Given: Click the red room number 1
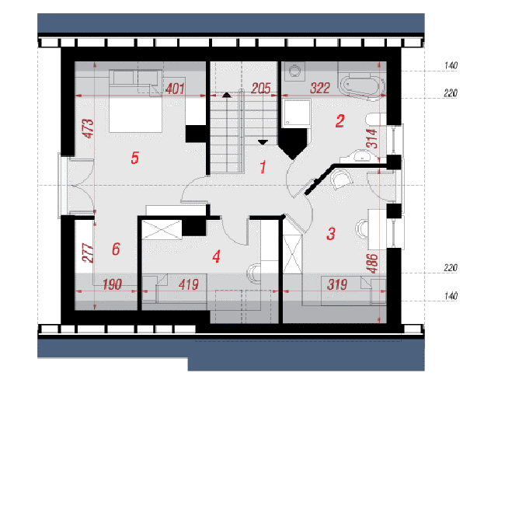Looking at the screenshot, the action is click(x=263, y=167).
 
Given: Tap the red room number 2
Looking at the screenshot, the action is click(x=340, y=121).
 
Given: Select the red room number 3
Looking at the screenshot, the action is click(x=331, y=234).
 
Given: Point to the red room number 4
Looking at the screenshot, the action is click(x=217, y=256).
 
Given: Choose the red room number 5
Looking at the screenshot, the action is click(x=135, y=158).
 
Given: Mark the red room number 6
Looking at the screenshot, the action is click(x=116, y=249).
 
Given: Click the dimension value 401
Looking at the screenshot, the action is click(x=175, y=89).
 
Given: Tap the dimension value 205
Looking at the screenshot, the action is click(x=261, y=89).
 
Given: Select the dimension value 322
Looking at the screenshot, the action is click(x=320, y=89).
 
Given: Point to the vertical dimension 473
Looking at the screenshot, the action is click(x=88, y=128).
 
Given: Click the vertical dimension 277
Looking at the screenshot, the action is click(x=88, y=253).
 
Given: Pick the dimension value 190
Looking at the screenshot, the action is click(x=112, y=284).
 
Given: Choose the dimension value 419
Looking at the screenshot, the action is click(x=189, y=284).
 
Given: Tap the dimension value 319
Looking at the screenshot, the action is click(x=337, y=284).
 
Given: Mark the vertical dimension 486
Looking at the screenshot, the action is click(x=372, y=263).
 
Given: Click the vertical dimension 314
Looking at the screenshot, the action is click(x=372, y=138).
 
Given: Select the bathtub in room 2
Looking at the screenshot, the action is click(x=363, y=86).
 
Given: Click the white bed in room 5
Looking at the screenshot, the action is click(x=135, y=110).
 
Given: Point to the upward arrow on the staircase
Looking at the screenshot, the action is click(x=227, y=95).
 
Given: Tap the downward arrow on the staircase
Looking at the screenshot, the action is click(x=263, y=142).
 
